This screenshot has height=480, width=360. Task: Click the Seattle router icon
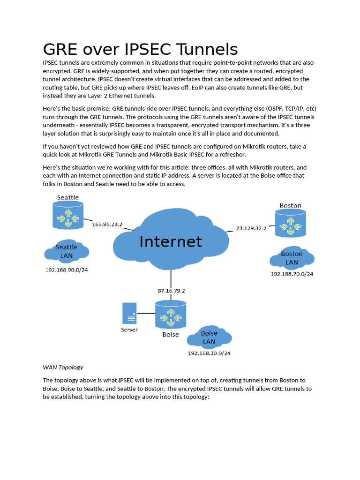point(68,215)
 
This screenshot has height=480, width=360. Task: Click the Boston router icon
point(290,223)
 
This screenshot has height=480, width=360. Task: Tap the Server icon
point(129,313)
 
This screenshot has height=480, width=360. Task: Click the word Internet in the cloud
point(171,241)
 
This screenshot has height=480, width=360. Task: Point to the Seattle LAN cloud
point(67,251)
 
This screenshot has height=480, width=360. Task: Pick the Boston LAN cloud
point(292,258)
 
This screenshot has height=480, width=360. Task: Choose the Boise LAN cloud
point(209,337)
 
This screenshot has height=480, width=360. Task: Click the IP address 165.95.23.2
point(107,224)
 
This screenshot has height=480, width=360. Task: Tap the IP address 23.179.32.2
point(251,228)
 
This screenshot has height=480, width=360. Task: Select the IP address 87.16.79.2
point(171,291)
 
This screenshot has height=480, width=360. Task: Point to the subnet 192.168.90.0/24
point(67,270)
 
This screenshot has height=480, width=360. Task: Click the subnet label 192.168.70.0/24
point(292,274)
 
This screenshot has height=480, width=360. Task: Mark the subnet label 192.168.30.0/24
point(209,353)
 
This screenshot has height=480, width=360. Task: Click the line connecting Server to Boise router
point(146,313)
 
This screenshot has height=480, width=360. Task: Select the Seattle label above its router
point(68,197)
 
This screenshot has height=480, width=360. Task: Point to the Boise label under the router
point(171,335)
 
